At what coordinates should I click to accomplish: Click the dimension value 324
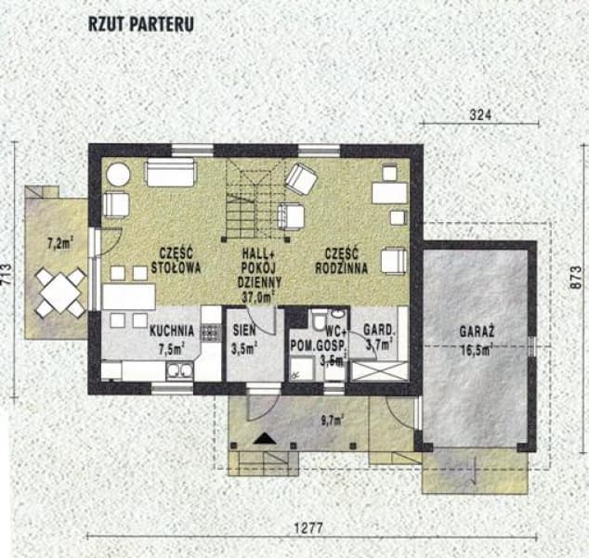479,116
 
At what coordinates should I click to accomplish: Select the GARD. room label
381,330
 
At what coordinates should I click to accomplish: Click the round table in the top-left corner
118,175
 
